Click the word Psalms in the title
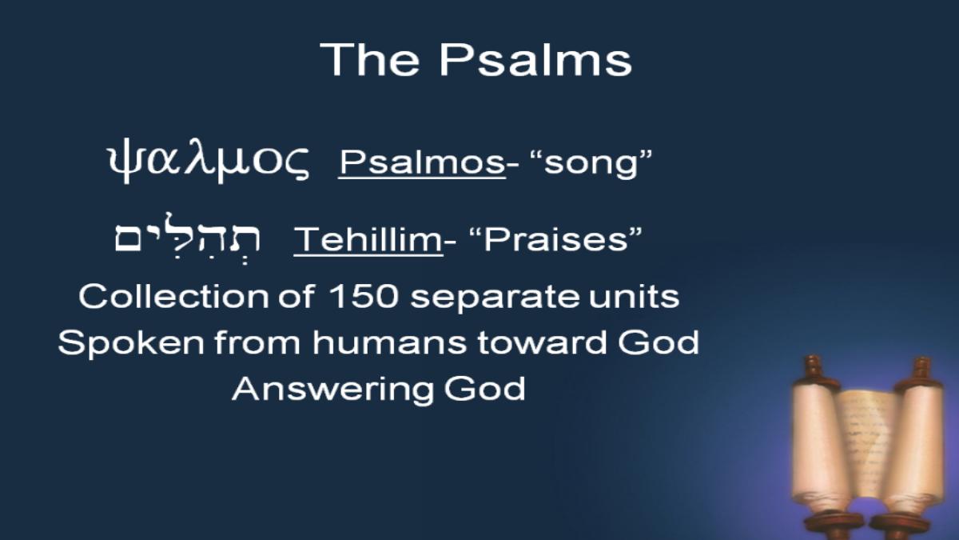[x=535, y=61]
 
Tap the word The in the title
[x=369, y=59]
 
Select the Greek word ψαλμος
[x=208, y=161]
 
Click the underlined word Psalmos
[x=422, y=163]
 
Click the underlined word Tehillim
[x=368, y=239]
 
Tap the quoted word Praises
[x=556, y=239]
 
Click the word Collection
[x=174, y=296]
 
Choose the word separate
[x=495, y=298]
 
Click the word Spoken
[x=131, y=344]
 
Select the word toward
[x=542, y=343]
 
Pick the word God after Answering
[x=484, y=388]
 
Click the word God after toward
[x=659, y=342]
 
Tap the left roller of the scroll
[x=819, y=446]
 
